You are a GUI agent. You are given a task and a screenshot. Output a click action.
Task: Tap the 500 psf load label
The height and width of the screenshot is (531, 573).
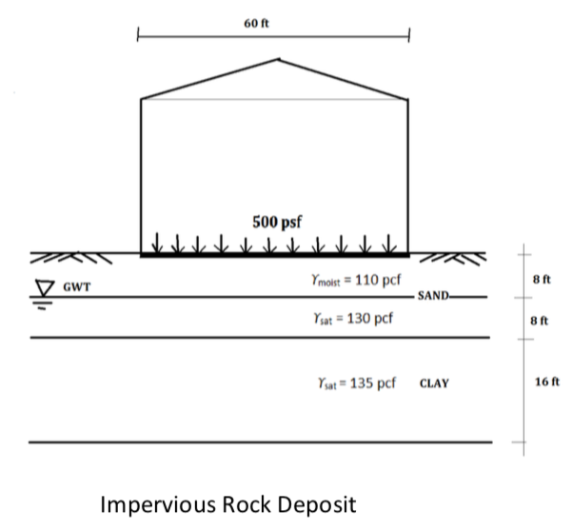tap(276, 222)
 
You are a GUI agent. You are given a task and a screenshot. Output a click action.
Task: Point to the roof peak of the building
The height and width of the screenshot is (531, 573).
tap(277, 60)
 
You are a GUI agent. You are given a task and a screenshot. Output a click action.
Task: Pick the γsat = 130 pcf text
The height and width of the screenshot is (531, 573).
tap(346, 318)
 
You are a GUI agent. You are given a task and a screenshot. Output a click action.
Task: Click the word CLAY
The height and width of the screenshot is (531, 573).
tap(434, 384)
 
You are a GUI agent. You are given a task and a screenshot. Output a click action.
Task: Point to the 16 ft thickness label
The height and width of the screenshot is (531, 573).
tap(547, 382)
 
